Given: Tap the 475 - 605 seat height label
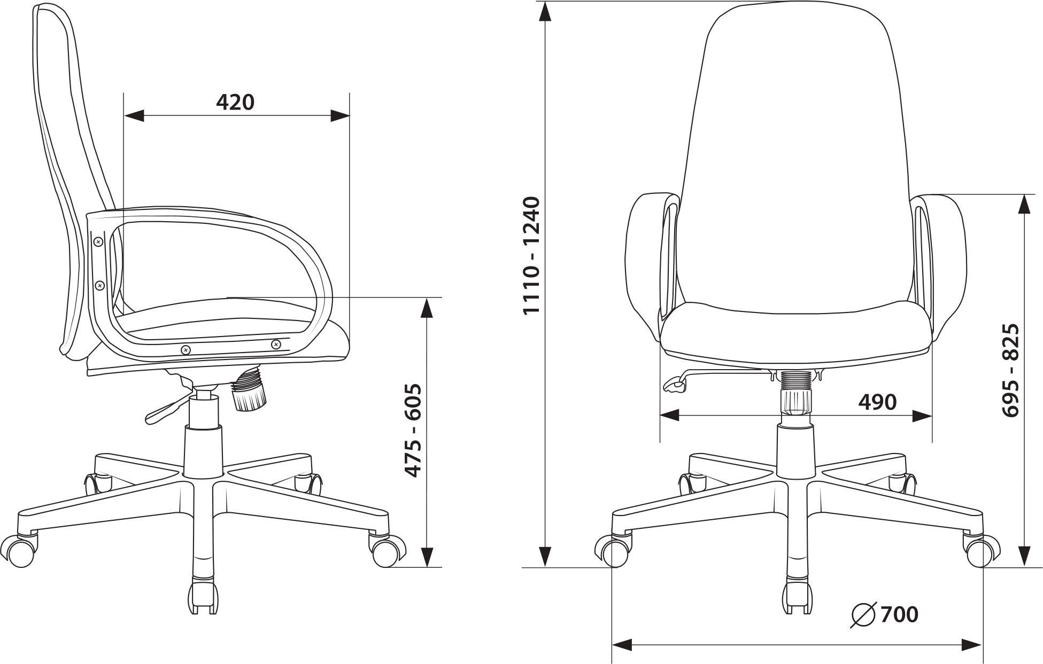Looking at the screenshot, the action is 413,431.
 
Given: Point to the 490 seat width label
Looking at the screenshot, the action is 877,402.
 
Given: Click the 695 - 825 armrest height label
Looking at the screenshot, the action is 1010,370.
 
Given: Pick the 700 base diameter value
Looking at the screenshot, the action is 899,614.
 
